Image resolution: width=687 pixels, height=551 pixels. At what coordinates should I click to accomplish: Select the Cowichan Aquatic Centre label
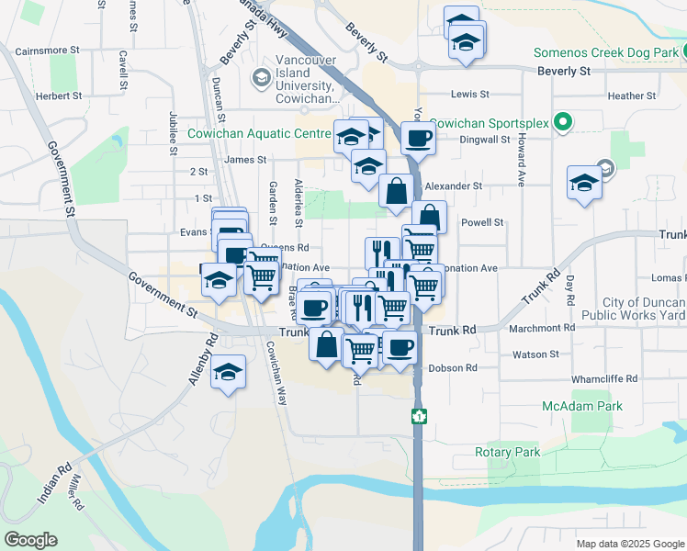click(x=258, y=134)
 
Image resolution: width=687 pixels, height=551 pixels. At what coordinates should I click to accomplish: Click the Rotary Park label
click(x=507, y=452)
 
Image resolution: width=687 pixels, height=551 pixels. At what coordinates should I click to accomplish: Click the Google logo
click(x=30, y=540)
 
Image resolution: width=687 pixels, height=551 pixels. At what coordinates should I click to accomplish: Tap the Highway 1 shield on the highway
click(x=418, y=417)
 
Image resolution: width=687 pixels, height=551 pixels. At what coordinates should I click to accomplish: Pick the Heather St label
click(x=631, y=96)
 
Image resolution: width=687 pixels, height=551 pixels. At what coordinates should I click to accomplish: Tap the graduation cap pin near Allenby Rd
click(x=228, y=372)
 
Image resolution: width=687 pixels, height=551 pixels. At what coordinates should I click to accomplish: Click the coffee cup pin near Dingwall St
click(x=418, y=138)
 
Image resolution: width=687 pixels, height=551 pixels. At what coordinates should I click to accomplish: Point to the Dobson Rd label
click(x=454, y=368)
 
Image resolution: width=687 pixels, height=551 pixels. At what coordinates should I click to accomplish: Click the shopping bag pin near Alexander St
click(x=396, y=191)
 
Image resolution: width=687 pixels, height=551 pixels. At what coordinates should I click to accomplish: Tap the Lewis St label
click(x=469, y=95)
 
